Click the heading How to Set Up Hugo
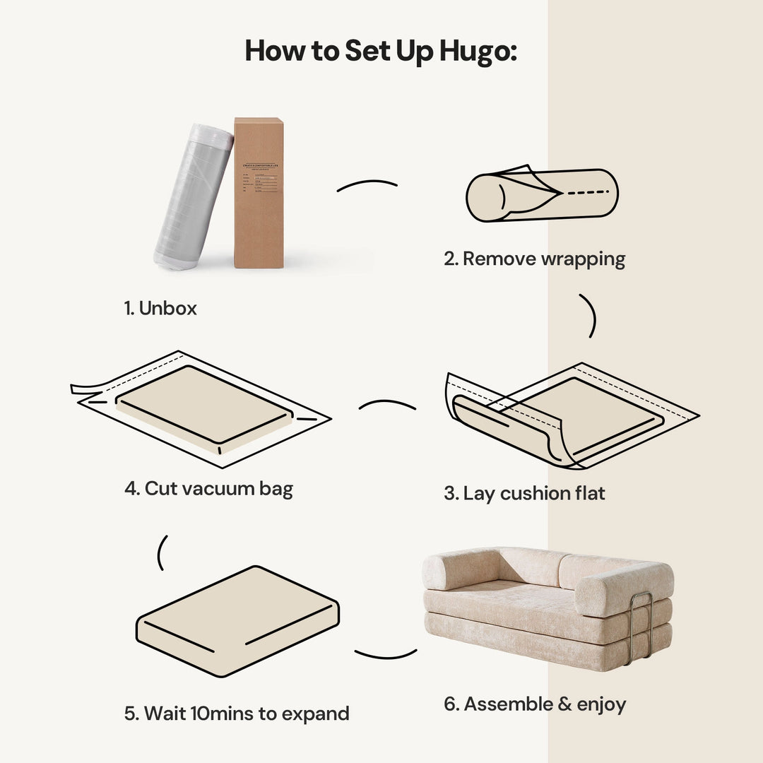381,52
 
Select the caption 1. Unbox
160,308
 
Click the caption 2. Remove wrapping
534,259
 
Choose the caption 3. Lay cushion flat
524,493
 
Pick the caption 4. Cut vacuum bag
208,488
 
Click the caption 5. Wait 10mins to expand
237,714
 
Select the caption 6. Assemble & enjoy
535,704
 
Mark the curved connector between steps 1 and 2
367,185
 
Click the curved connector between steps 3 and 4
387,405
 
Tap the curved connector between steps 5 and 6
386,653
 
